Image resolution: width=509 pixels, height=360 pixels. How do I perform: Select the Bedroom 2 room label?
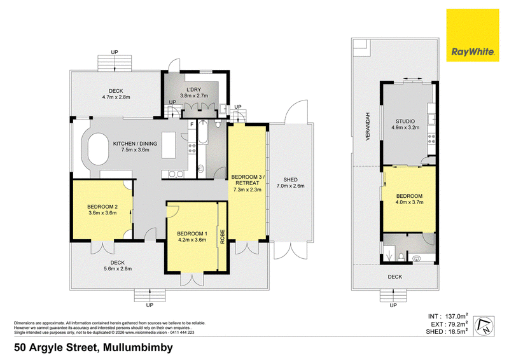[102, 211]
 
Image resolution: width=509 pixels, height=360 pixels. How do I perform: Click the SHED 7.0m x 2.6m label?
[290, 183]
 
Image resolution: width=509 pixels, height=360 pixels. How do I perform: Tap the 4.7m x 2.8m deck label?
[115, 94]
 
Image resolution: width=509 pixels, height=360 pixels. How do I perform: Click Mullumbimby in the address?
[135, 349]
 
